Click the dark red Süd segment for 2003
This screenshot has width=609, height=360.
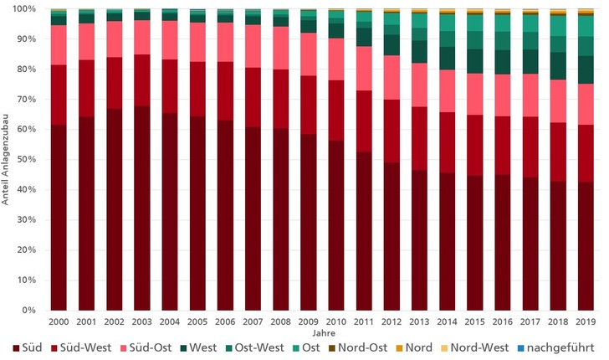click(x=141, y=208)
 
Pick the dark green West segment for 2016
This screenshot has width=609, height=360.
click(x=500, y=62)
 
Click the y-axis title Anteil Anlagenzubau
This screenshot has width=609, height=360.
click(x=6, y=159)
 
